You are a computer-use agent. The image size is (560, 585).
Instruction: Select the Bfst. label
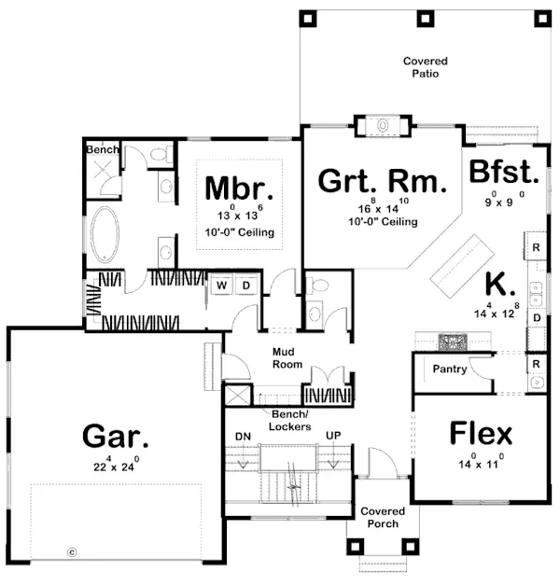504,173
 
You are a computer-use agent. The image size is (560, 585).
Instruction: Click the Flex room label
481,434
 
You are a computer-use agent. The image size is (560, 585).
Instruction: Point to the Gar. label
116,436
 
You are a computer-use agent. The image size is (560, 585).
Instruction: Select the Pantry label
450,369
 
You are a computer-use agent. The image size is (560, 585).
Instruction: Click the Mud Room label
287,357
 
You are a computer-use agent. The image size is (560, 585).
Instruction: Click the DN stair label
242,436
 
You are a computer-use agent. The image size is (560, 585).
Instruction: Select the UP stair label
332,436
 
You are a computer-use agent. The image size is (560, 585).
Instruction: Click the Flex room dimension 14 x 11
481,462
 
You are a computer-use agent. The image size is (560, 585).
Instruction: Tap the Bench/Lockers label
290,419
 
